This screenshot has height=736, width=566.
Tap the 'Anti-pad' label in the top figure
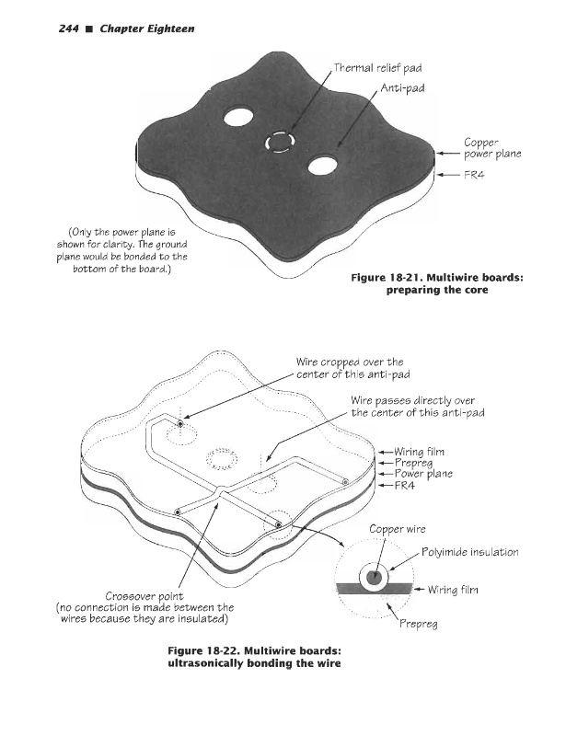[x=402, y=88]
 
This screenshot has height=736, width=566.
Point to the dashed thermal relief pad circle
[x=279, y=142]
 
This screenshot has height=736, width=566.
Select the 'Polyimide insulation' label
[x=469, y=552]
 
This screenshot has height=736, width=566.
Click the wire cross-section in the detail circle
[x=374, y=578]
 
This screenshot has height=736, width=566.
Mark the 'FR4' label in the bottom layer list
[x=406, y=487]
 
